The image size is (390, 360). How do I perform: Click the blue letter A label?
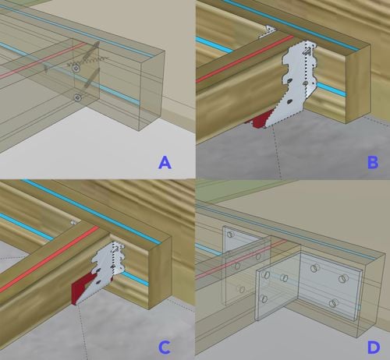point(165,162)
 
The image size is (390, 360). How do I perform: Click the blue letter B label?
point(374,162)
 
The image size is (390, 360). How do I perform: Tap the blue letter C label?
point(165,343)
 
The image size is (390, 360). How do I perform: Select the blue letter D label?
point(374,343)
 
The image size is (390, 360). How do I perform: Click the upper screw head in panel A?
point(76,69)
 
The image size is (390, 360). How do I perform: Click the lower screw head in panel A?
point(76,97)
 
